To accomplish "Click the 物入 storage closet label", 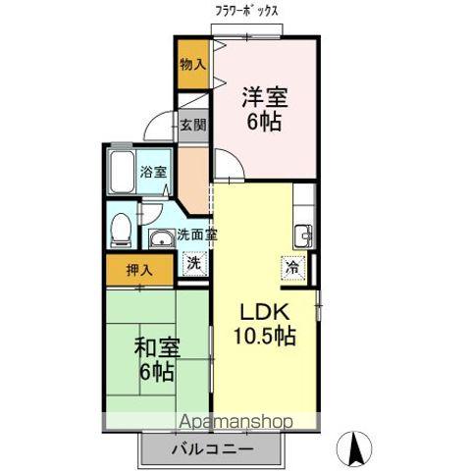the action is point(193,65).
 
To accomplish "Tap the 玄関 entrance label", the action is point(193,125).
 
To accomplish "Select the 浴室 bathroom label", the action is point(153,172).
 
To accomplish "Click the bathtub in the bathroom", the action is point(123,172).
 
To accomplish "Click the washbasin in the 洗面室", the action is point(162,237).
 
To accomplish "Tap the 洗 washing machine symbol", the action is point(194,264).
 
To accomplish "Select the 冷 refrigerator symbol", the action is point(292,268).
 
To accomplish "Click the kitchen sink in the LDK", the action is point(302,237).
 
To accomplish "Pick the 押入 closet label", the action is point(139,270).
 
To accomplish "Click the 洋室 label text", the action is point(265,97).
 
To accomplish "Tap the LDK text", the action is point(265,312).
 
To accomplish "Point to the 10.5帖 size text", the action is point(265,336).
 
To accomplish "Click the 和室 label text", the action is point(157,347).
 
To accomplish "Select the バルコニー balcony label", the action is point(213,449).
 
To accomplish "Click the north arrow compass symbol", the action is point(354,447).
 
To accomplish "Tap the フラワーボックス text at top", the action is point(246,12).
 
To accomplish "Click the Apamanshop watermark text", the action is point(236,422).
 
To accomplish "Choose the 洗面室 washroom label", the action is point(197,235).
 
